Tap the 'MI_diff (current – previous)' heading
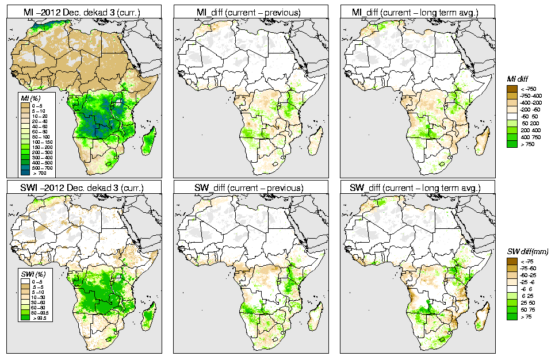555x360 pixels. [x=251, y=12]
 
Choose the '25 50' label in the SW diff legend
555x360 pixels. [x=527, y=301]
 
